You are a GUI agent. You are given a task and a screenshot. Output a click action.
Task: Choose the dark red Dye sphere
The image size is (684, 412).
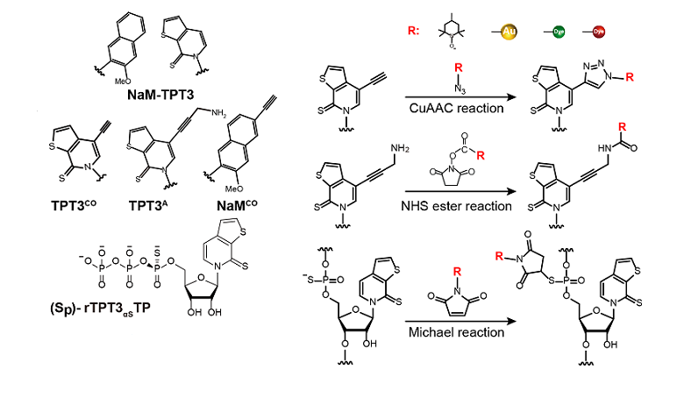coord(601,32)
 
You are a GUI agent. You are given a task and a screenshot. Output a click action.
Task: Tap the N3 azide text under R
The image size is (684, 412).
coord(456,86)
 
